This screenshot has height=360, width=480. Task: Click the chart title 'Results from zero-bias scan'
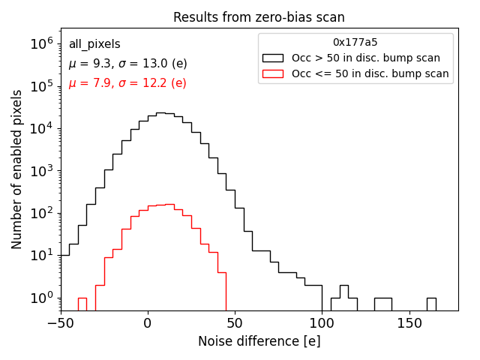click(259, 17)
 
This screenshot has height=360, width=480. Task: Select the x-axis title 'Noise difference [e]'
click(259, 341)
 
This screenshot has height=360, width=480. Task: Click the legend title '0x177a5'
click(355, 43)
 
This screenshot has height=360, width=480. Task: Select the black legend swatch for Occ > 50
click(273, 58)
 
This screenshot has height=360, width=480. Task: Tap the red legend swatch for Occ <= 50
click(273, 73)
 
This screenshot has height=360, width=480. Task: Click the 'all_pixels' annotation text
click(94, 44)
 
